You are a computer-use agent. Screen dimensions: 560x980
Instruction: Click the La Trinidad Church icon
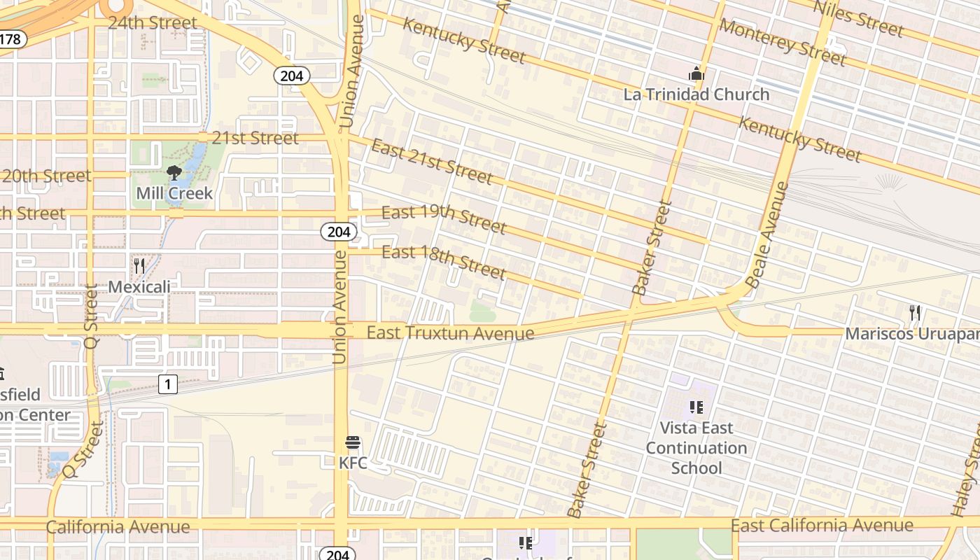[x=696, y=73]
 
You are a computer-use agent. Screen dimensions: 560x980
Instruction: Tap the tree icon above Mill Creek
[x=174, y=173]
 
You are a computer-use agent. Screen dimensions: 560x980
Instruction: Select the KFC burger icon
[x=353, y=443]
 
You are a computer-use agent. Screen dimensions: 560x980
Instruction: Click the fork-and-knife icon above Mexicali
[x=139, y=266]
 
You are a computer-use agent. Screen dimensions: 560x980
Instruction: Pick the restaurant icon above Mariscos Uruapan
[x=914, y=313]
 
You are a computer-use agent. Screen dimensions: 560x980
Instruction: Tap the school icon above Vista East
[x=696, y=407]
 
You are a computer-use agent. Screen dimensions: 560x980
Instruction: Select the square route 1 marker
[x=167, y=384]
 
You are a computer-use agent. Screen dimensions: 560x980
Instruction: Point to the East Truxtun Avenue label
[x=450, y=333]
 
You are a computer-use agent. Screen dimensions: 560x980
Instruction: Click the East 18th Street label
[x=444, y=261]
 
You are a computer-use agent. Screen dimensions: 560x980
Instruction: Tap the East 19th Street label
[x=444, y=219]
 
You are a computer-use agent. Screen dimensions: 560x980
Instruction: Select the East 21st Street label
[x=432, y=160]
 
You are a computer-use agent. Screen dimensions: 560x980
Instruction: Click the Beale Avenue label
[x=767, y=235]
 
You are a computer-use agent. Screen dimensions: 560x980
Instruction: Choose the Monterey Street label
[x=782, y=41]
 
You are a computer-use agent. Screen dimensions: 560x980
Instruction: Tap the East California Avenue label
[x=822, y=525]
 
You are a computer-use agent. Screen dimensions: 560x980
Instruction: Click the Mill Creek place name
[x=174, y=193]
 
